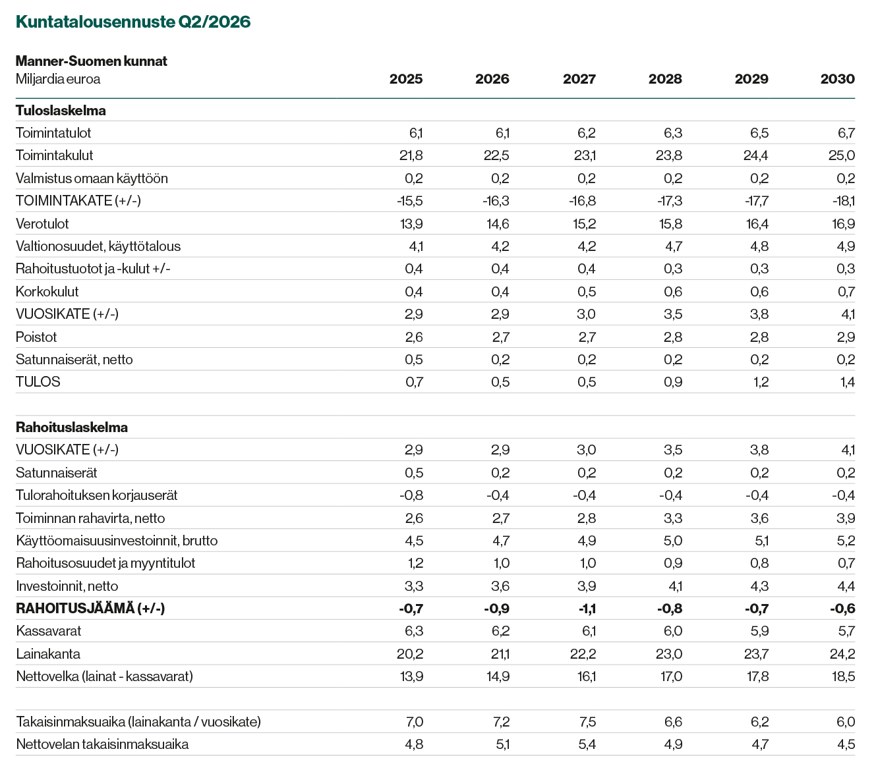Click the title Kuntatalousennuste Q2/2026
133,22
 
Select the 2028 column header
665,79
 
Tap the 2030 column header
838,79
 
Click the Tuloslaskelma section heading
61,111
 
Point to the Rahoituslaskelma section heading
72,427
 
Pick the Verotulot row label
42,224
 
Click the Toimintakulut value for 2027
585,155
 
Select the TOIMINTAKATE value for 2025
410,201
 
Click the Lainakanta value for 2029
756,654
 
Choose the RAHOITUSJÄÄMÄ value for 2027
587,609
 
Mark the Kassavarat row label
48,631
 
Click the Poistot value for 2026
501,337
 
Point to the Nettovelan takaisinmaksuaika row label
102,744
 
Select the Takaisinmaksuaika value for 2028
673,722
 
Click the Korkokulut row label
47,292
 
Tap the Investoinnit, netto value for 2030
846,586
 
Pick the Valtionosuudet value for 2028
674,246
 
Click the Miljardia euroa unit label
58,79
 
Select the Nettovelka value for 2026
498,676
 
